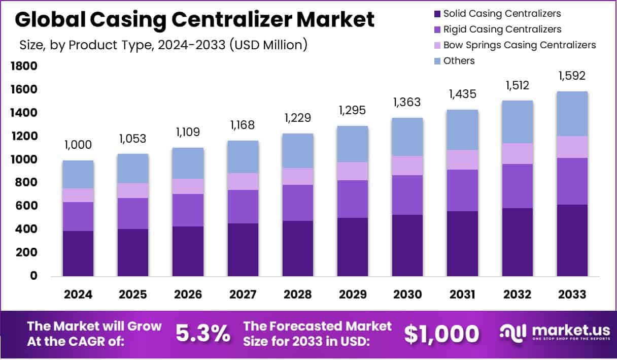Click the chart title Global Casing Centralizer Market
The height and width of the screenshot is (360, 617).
point(195,20)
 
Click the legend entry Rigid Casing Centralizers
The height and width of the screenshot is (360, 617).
point(502,29)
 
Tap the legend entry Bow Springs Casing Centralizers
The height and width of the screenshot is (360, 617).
point(519,45)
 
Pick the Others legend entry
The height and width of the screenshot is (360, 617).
point(459,60)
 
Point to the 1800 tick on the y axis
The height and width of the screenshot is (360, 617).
point(23,66)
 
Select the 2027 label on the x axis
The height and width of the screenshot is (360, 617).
point(243,294)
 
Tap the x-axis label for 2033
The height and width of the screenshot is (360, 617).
point(572,294)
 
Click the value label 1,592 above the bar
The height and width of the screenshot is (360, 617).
point(572,76)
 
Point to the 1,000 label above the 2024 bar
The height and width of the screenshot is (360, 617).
point(78,145)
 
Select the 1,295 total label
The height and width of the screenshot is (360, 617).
point(352,110)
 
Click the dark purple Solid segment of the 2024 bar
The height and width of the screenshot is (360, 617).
point(78,253)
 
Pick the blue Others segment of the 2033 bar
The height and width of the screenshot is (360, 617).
point(572,114)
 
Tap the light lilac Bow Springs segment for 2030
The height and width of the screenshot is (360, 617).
point(407,166)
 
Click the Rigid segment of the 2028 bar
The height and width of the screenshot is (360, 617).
point(297,203)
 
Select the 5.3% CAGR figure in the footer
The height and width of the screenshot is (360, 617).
point(202,333)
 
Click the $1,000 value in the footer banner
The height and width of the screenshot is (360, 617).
point(441,334)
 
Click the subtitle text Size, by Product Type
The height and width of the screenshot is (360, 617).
point(163,45)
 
